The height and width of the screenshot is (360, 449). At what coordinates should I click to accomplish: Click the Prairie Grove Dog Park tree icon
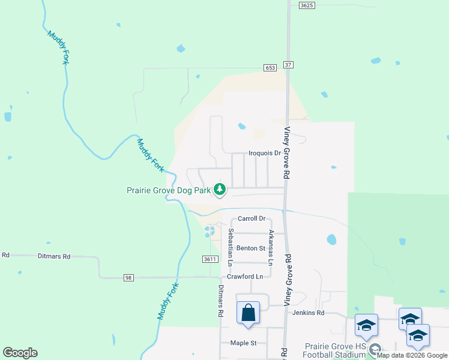[220, 190]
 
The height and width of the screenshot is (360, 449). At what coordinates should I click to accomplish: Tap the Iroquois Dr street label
[265, 153]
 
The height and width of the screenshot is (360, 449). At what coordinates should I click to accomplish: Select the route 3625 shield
[307, 5]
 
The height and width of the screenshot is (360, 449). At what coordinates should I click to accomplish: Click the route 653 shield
[270, 68]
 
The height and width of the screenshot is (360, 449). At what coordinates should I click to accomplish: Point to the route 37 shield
[289, 65]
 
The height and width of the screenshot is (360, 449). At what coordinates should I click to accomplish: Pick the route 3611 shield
[209, 259]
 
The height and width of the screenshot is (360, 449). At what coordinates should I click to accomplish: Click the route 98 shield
[129, 278]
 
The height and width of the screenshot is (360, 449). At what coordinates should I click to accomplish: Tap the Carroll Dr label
[251, 219]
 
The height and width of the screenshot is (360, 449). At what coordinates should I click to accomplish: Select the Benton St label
[250, 248]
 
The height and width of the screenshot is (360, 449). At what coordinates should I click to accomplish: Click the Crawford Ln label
[245, 277]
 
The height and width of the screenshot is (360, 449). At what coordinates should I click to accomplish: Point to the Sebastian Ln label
[231, 247]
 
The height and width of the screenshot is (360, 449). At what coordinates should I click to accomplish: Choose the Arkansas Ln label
[271, 247]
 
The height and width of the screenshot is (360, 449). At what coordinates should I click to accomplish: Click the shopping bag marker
[249, 313]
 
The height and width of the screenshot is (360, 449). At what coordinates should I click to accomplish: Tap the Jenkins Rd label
[308, 313]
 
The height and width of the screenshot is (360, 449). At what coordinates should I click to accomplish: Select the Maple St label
[243, 343]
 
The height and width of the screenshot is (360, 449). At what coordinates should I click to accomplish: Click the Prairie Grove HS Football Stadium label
[335, 350]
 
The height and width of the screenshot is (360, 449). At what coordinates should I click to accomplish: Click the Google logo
[20, 353]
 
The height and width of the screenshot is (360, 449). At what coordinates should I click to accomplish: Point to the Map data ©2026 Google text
[412, 355]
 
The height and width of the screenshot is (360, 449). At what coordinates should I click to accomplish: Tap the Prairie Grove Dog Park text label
[169, 190]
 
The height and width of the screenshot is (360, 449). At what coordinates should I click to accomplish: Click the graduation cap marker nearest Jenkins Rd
[366, 326]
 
